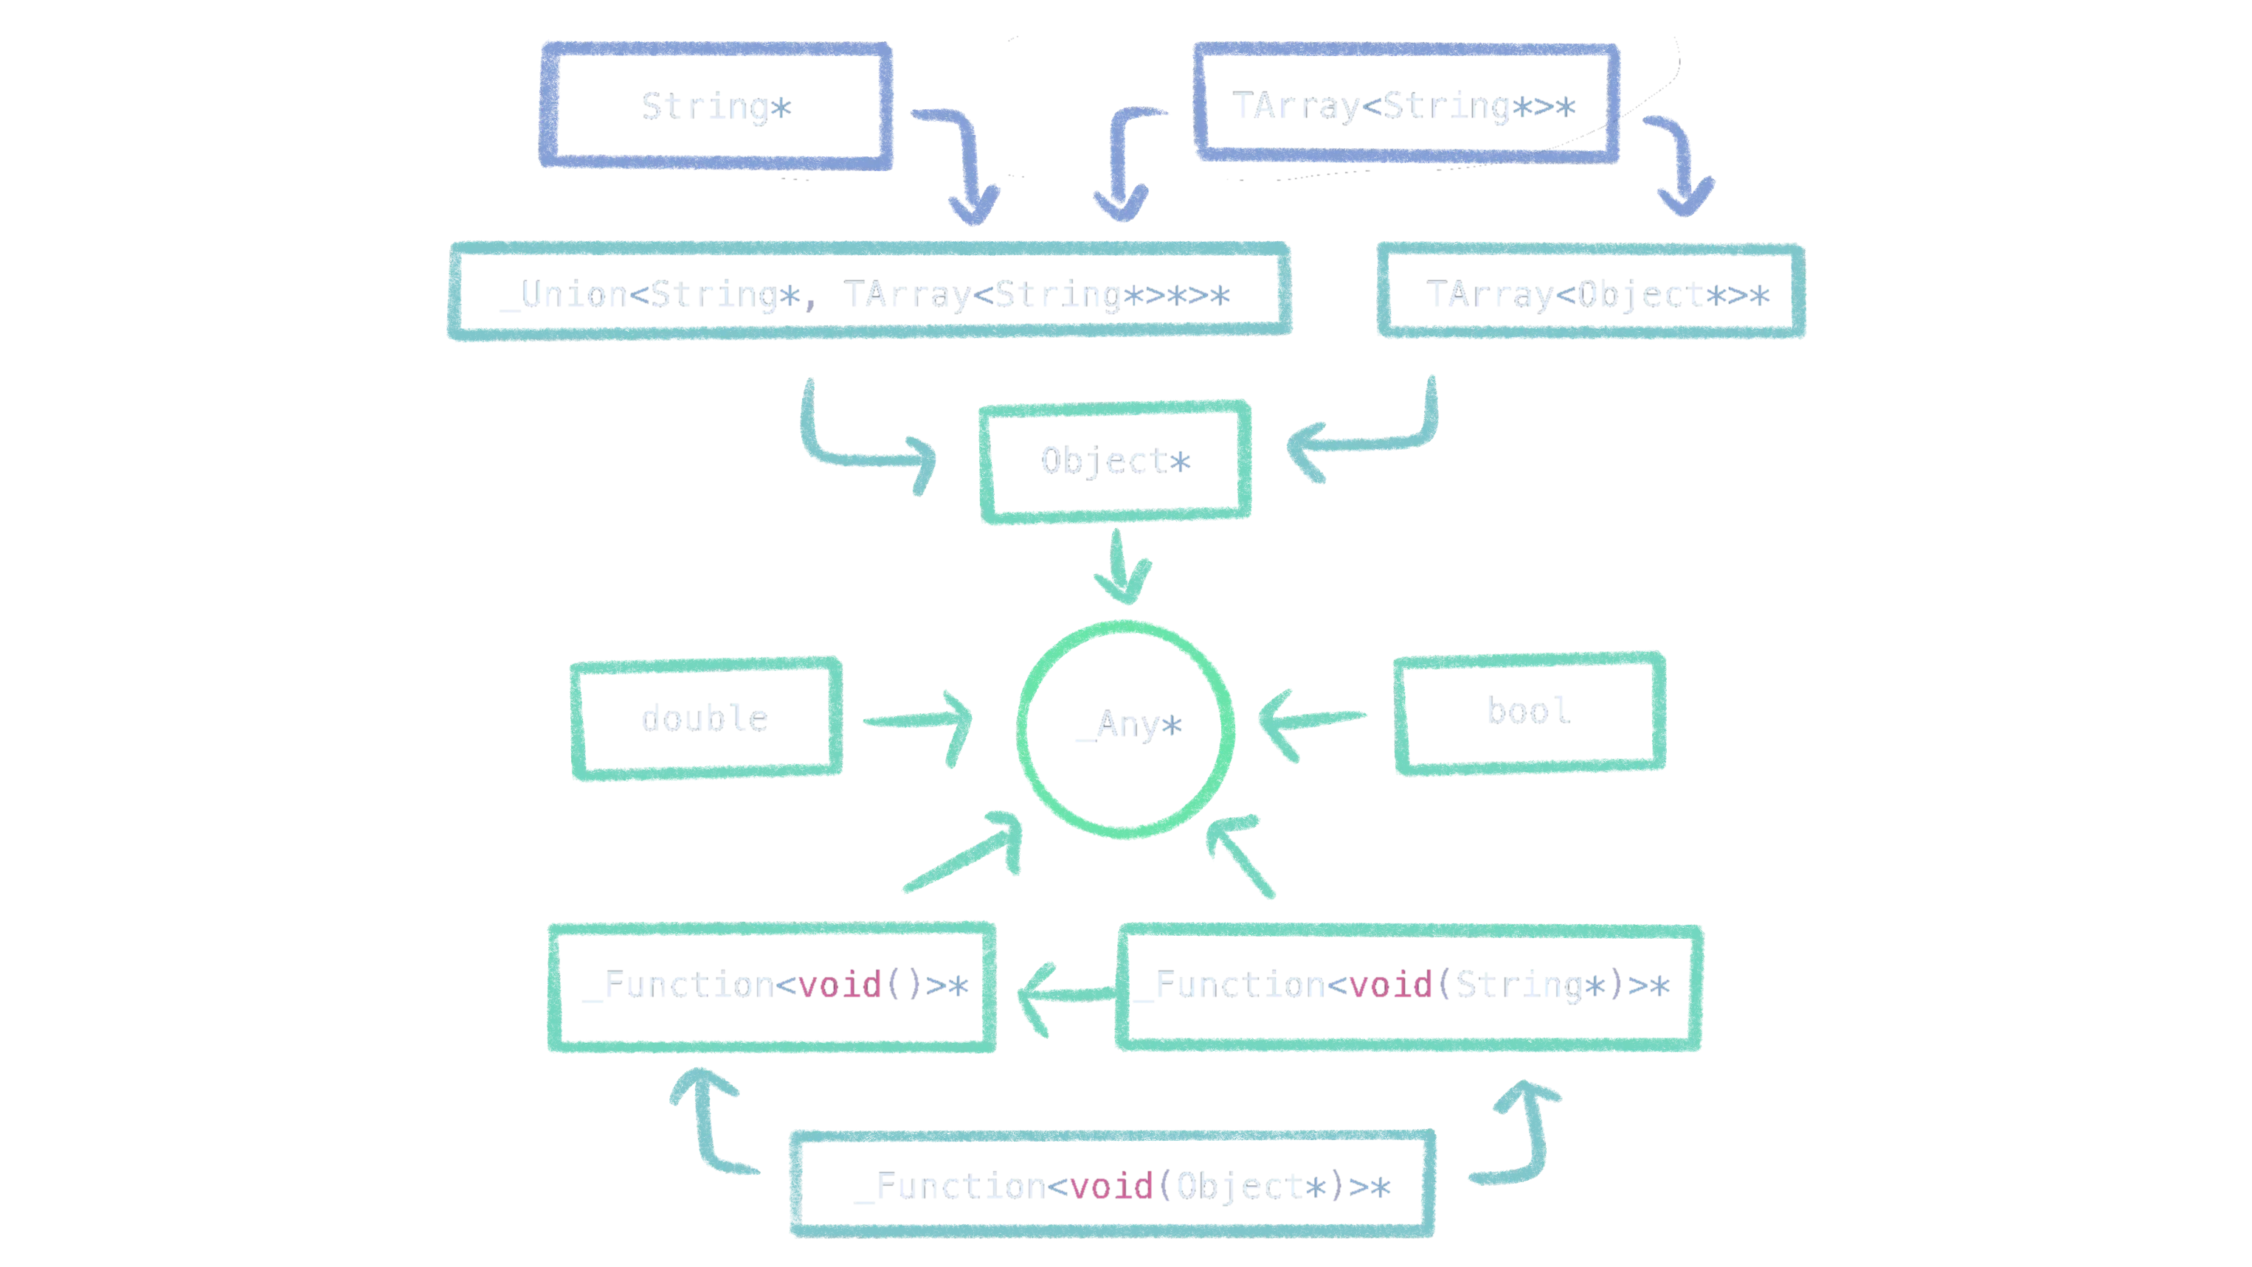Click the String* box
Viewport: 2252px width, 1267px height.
(x=716, y=107)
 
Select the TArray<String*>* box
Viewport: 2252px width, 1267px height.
(x=1406, y=105)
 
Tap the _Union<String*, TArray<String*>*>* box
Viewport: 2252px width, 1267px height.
(x=868, y=294)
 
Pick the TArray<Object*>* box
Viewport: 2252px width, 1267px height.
(x=1591, y=294)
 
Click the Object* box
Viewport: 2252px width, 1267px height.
(x=1115, y=462)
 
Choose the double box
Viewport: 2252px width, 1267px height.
(x=705, y=719)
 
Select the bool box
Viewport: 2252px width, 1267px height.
(x=1530, y=712)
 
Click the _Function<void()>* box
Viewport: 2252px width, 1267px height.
(x=771, y=987)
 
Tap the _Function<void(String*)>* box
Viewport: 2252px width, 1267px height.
(x=1408, y=987)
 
